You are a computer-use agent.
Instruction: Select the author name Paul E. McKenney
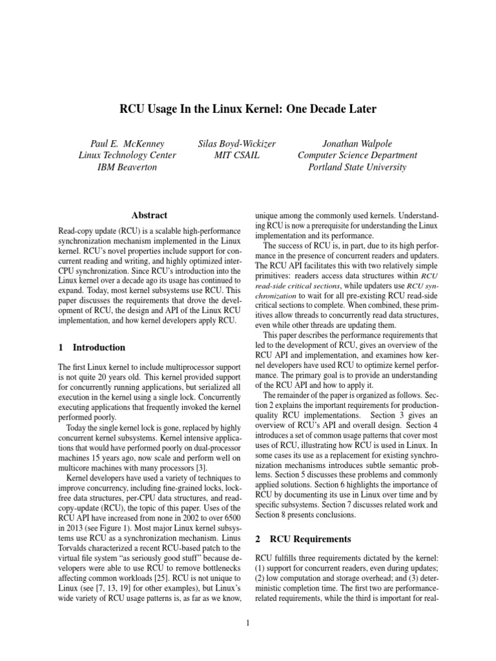tap(126, 143)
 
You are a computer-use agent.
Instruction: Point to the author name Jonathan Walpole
tap(357, 143)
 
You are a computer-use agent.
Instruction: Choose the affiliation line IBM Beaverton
tap(126, 167)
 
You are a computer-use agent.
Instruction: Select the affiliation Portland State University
tap(357, 167)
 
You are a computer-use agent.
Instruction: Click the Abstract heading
tap(149, 215)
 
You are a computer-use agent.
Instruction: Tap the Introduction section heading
tap(99, 347)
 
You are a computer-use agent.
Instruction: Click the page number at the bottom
tap(248, 623)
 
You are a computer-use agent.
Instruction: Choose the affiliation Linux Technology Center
tap(126, 155)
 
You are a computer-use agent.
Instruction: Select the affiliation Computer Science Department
tap(357, 155)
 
